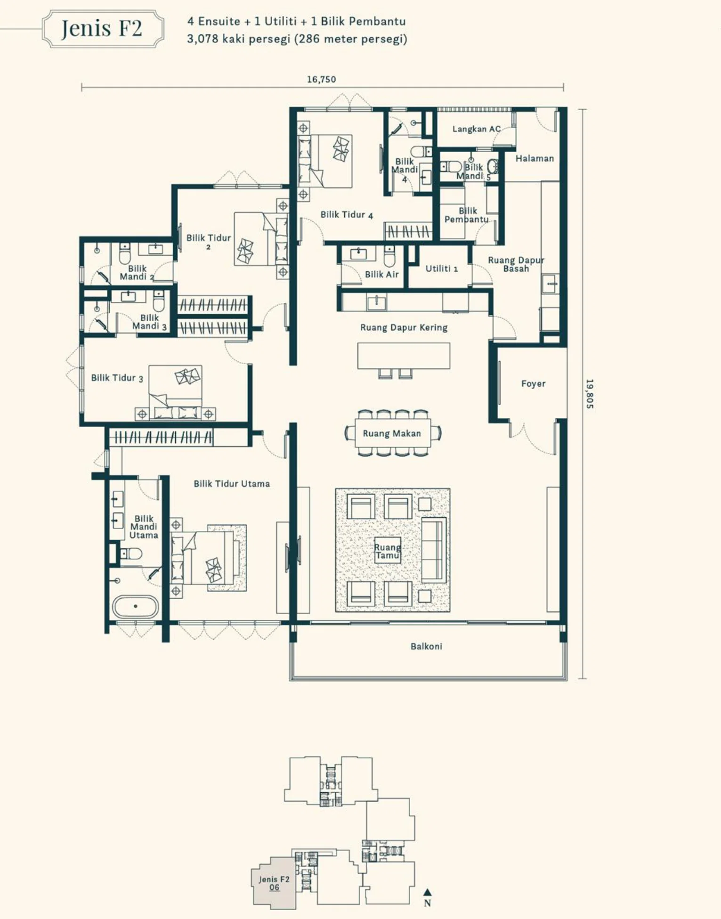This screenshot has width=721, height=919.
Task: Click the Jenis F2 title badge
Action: point(103,29)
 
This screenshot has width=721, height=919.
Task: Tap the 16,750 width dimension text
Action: point(322,80)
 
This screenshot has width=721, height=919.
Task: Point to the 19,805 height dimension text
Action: point(590,394)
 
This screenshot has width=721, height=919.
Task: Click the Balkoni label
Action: point(426,646)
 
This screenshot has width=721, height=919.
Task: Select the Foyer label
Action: point(533,384)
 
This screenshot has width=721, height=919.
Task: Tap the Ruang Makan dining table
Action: point(392,433)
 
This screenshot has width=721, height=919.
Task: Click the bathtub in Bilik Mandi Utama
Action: point(136,607)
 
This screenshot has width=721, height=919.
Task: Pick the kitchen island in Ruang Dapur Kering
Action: point(404,356)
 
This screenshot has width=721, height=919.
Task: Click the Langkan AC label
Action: point(476,129)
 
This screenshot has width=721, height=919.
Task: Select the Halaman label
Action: point(535,159)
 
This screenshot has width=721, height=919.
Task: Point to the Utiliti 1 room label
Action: point(442,268)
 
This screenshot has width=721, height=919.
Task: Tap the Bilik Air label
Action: point(382,274)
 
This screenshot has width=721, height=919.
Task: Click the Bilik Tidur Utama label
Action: point(232,484)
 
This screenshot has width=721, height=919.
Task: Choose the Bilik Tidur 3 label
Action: point(117,378)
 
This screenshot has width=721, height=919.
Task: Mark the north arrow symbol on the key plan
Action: point(427,892)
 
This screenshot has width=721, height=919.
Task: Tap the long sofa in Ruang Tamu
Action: point(433,550)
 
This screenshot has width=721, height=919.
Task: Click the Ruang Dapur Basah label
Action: point(516,264)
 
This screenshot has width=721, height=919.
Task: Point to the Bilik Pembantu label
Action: point(467,215)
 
